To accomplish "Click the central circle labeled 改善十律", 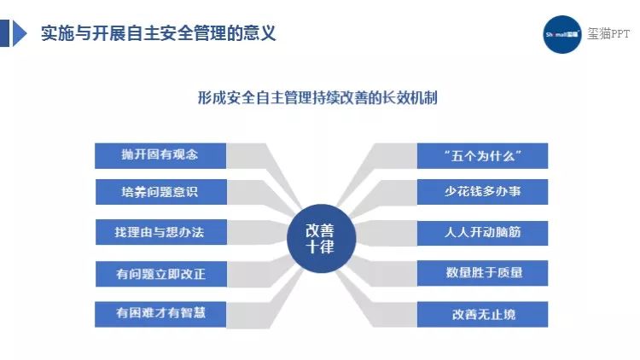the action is point(321,238).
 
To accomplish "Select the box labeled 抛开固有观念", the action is point(160,155).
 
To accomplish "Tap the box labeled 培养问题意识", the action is point(160,192).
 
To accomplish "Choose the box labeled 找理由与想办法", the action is point(160,232).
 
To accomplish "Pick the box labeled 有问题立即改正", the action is point(160,274).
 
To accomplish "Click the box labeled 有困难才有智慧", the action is point(160,314).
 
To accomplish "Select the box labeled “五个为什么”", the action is point(482,155).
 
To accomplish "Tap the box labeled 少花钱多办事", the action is point(482,192).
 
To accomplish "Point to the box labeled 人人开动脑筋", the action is point(482,233).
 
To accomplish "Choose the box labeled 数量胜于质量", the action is point(482,273).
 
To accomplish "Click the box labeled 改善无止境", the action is point(482,314).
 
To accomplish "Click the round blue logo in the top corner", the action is point(562,34).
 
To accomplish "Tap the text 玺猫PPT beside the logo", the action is point(608,33).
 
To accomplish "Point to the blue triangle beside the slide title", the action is point(20,33).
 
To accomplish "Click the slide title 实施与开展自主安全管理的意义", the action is point(159,33).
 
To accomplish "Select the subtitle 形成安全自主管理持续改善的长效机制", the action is point(317,98).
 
